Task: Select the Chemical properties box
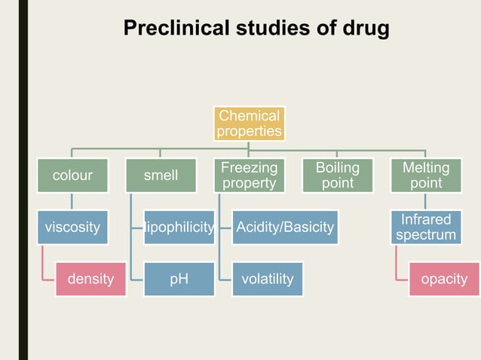(249, 124)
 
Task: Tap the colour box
(72, 175)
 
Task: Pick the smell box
(161, 175)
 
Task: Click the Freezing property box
(249, 175)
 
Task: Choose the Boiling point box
(337, 175)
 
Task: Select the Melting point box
(426, 175)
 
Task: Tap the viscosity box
(72, 227)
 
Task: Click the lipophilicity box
(179, 227)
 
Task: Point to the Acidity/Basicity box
(284, 227)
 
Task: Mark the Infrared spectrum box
(426, 227)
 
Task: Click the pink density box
(90, 279)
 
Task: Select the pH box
(179, 279)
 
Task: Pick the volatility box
(267, 279)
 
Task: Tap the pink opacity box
(443, 279)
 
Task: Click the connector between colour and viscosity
(72, 201)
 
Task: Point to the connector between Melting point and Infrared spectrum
(426, 201)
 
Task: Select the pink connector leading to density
(43, 264)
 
